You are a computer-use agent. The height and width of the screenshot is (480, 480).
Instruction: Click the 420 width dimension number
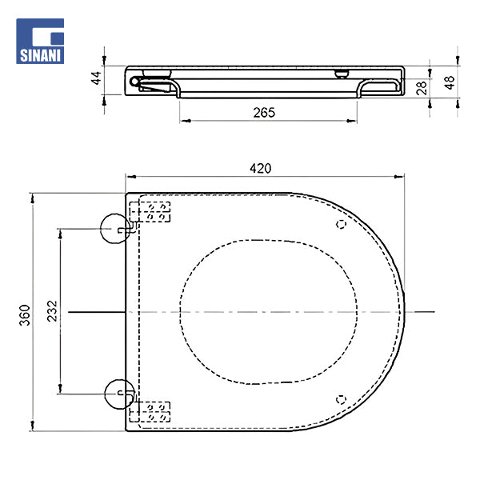[260, 168]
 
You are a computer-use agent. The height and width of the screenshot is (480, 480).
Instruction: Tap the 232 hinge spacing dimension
[51, 310]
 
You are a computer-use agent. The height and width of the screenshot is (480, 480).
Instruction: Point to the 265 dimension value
[263, 113]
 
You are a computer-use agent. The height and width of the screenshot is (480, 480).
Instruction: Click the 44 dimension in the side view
[96, 78]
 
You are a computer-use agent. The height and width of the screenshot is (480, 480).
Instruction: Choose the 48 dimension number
[449, 82]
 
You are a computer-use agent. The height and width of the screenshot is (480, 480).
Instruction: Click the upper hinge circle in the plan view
[118, 229]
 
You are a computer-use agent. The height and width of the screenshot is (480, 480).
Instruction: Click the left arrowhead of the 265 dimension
[183, 121]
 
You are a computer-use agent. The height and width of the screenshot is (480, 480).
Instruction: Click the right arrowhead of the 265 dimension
[354, 121]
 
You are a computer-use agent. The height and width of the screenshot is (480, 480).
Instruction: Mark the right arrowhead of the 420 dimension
[403, 176]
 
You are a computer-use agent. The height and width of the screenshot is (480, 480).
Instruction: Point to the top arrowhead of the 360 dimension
[33, 196]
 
